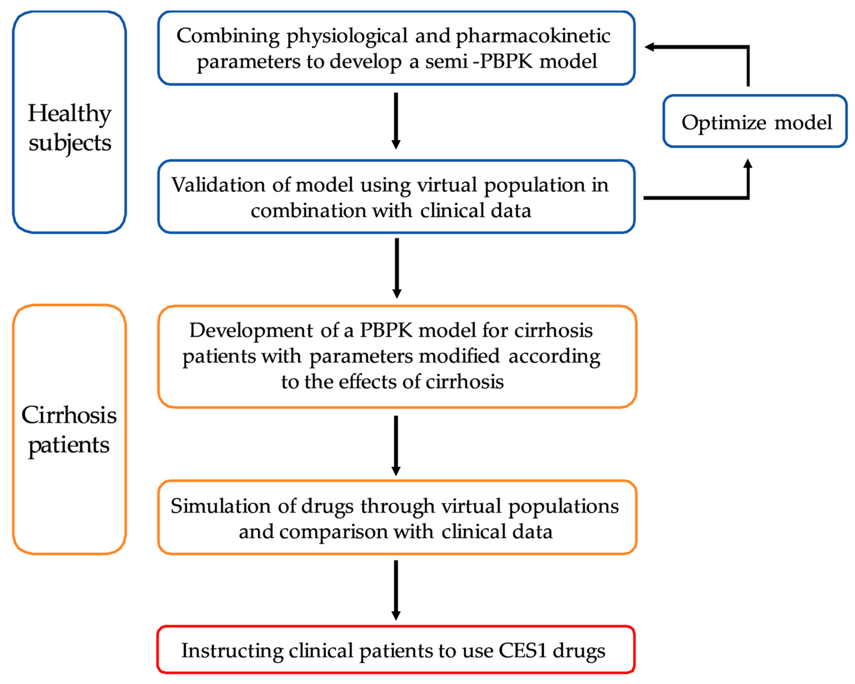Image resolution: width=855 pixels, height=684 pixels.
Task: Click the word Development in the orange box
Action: [251, 330]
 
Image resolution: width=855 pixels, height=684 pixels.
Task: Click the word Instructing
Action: [232, 651]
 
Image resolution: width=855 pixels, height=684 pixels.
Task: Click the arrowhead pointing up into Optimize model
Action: [748, 164]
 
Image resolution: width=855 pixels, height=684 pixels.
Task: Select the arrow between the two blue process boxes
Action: [396, 121]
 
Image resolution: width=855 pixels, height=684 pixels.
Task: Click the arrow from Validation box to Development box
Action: [397, 268]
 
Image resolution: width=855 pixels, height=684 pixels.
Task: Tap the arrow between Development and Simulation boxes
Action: [396, 445]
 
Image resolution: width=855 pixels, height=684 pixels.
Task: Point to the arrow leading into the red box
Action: [396, 590]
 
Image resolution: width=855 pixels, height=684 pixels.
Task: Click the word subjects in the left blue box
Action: [70, 143]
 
